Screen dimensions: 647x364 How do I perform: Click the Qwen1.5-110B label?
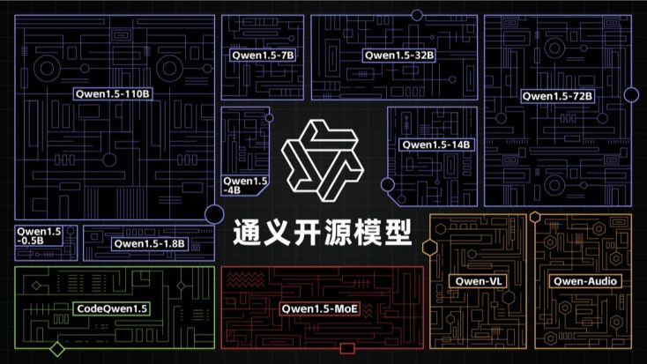coord(112,94)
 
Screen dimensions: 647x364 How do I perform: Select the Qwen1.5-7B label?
coord(263,56)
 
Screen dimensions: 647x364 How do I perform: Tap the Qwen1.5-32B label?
coord(399,56)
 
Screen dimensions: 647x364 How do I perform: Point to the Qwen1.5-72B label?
coord(557,96)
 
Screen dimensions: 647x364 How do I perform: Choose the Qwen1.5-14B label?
coord(436,145)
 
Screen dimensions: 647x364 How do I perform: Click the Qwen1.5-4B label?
coord(245,185)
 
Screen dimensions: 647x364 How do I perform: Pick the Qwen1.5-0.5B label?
coord(39,235)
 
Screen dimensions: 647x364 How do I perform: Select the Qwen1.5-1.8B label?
coord(149,243)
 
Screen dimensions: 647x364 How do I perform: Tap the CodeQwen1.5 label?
coord(112,308)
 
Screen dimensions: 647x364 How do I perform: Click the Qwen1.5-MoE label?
coord(319,308)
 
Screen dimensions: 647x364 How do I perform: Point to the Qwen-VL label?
coord(479,281)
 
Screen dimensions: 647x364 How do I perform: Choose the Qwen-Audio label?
coord(585,281)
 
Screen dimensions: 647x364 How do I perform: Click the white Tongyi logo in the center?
coord(323,160)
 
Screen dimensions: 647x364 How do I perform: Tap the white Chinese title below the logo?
coord(323,233)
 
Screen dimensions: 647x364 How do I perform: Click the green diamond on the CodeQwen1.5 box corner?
coord(57,349)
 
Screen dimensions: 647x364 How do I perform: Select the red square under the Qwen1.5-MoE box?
coord(347,349)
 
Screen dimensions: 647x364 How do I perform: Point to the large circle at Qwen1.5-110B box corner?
coord(214,214)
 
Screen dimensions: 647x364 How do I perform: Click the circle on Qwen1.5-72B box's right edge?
coord(631,95)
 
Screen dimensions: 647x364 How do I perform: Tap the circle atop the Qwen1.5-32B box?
coord(417,15)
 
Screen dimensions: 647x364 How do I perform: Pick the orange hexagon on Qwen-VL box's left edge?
coord(430,247)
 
